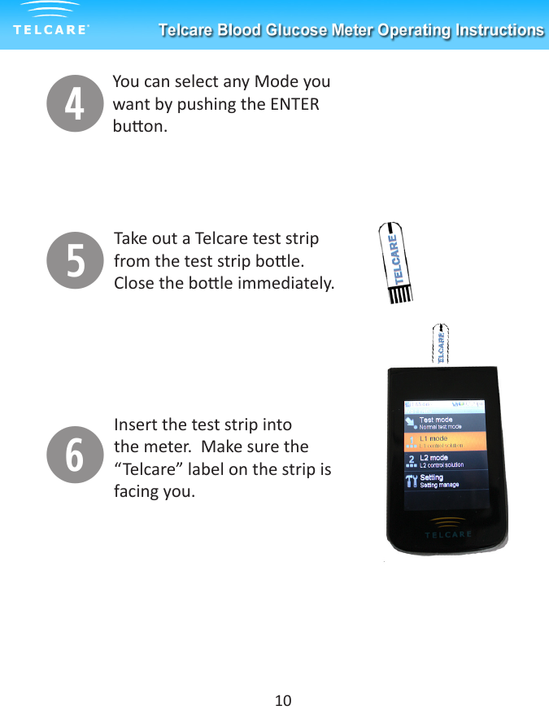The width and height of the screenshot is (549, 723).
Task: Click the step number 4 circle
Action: pyautogui.click(x=75, y=104)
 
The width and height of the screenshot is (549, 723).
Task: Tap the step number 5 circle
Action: pyautogui.click(x=75, y=260)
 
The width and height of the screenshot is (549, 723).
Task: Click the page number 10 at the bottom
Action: pyautogui.click(x=283, y=700)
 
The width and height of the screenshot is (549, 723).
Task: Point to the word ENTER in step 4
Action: pyautogui.click(x=295, y=104)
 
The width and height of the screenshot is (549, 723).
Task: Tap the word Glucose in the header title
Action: pyautogui.click(x=294, y=31)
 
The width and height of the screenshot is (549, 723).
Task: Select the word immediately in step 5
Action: pyautogui.click(x=293, y=284)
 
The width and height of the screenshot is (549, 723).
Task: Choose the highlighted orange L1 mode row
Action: pyautogui.click(x=446, y=442)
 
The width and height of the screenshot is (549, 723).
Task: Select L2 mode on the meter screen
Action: pyautogui.click(x=434, y=458)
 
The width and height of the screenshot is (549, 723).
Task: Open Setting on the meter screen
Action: pyautogui.click(x=432, y=478)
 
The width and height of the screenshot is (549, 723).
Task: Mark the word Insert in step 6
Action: pyautogui.click(x=135, y=425)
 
